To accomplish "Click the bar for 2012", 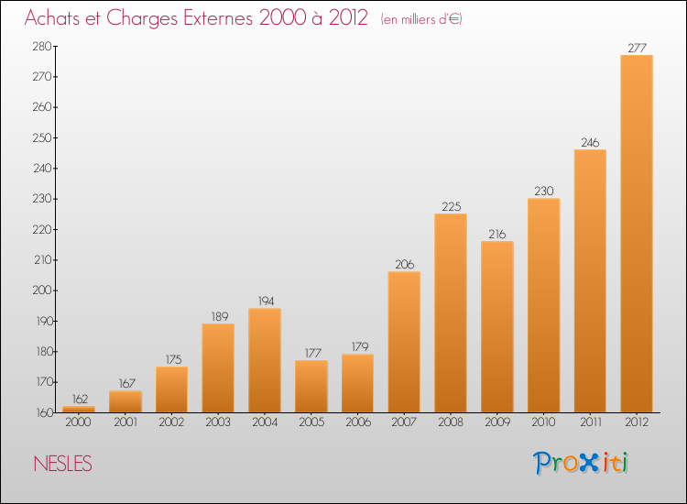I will coord(636,234).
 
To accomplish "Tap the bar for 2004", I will coord(264,360).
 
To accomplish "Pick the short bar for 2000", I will coord(78,409).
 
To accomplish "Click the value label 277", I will coord(636,48).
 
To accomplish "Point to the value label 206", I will coord(404,264).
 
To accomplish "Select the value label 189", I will coord(218,316).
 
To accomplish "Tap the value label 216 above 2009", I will coord(496,234).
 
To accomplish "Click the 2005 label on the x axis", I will coord(311,422).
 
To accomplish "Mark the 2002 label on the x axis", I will coord(171,422).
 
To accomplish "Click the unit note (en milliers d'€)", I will coord(420,19).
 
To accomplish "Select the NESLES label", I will coord(61,464).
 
